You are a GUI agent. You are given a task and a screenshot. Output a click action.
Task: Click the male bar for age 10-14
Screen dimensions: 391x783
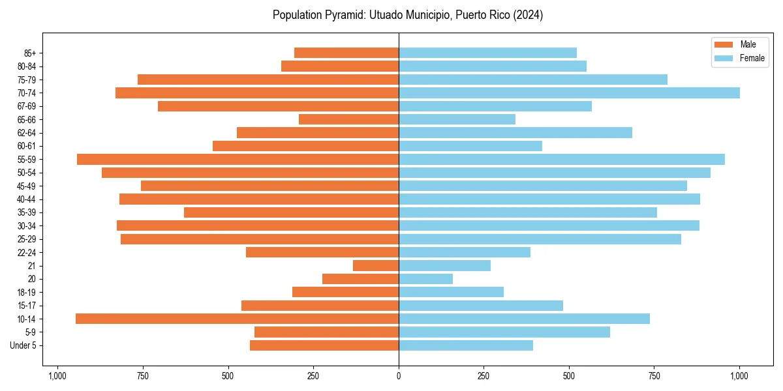point(237,319)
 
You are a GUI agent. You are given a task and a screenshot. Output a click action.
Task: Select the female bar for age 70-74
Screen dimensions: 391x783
point(569,93)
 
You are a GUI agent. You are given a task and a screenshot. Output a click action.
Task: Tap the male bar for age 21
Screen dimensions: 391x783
point(376,266)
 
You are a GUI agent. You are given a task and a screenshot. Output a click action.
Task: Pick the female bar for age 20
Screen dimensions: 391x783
point(425,279)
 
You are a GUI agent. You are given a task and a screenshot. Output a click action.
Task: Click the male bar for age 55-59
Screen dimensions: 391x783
point(238,160)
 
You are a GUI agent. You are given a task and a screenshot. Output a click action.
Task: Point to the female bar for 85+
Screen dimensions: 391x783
point(487,53)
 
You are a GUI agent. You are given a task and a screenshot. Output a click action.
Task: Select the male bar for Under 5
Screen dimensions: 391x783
point(324,345)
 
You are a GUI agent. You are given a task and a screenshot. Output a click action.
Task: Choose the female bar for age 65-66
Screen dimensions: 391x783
point(457,119)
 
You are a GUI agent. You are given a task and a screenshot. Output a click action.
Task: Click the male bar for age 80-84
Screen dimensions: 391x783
point(340,66)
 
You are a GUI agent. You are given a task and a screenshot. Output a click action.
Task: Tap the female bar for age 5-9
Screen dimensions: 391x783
point(504,332)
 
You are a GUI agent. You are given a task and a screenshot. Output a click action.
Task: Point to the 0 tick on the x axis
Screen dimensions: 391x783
point(399,376)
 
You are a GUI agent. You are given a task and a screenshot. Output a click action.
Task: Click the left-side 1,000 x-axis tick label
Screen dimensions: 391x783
point(57,376)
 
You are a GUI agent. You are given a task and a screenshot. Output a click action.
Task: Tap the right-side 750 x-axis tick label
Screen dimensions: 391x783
point(654,376)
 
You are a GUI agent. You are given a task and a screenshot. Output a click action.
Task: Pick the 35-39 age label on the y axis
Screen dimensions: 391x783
point(27,212)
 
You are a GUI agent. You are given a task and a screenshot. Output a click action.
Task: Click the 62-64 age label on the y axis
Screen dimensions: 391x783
point(27,133)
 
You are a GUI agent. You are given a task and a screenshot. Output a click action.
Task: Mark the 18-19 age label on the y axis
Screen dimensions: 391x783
point(27,293)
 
